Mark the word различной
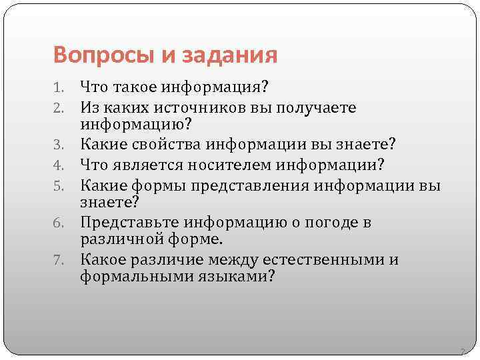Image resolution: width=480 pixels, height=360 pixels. pos(117,239)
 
